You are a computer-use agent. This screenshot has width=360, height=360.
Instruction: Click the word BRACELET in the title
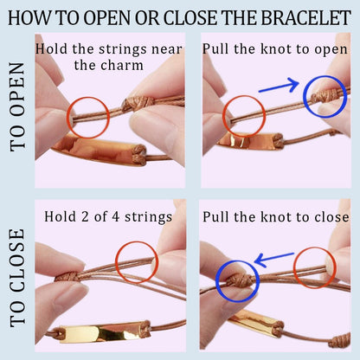(306, 17)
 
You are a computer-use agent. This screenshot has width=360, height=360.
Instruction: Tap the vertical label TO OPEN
(18, 107)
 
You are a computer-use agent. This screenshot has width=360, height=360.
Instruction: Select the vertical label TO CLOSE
(18, 278)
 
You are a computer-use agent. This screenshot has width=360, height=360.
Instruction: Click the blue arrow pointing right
(280, 86)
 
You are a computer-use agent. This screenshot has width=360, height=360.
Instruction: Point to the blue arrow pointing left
(274, 259)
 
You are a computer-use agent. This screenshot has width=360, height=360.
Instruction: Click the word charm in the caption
(121, 65)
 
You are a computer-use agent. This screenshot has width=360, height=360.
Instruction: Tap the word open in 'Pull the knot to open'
(331, 50)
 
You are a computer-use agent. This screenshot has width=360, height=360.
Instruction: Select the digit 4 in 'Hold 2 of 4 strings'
(115, 217)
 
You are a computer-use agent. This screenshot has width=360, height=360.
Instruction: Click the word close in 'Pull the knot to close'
(331, 217)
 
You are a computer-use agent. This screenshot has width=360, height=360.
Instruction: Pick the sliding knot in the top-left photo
(137, 104)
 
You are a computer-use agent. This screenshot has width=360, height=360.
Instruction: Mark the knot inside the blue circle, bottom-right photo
(239, 280)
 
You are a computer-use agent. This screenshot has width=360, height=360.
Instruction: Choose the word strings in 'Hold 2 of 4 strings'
(148, 217)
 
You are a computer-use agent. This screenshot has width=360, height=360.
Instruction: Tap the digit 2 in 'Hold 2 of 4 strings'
(85, 217)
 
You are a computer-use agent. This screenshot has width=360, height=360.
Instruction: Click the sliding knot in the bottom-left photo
(67, 277)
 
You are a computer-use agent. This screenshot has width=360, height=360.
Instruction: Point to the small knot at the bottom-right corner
(340, 340)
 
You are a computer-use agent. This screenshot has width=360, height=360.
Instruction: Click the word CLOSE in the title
(192, 17)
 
